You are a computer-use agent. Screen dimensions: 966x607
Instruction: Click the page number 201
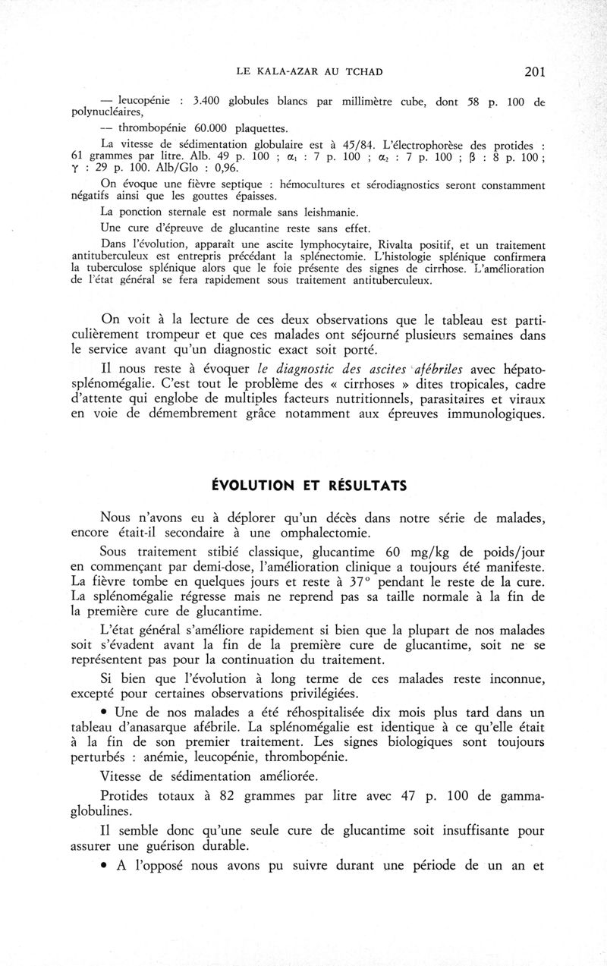pyautogui.click(x=534, y=72)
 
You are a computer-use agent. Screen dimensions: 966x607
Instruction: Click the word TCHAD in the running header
pyautogui.click(x=360, y=72)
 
